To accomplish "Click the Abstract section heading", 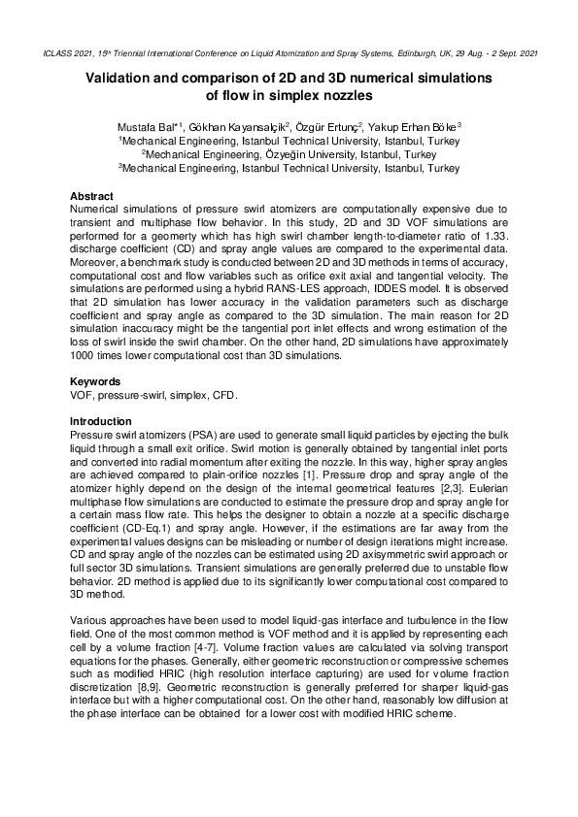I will coord(91,195).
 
